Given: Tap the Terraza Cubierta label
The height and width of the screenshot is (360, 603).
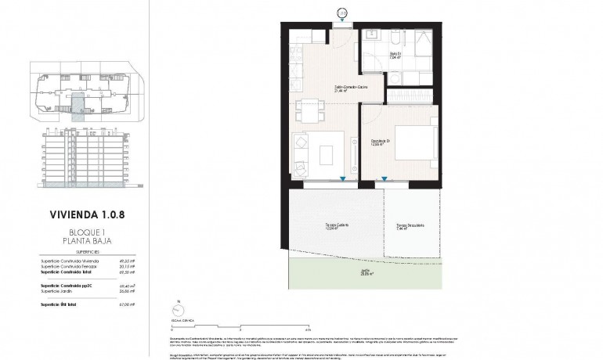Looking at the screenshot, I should pyautogui.click(x=337, y=227).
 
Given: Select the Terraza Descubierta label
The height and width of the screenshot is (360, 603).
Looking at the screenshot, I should pyautogui.click(x=410, y=227).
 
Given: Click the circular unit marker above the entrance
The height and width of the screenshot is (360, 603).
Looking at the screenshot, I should pyautogui.click(x=341, y=13).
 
